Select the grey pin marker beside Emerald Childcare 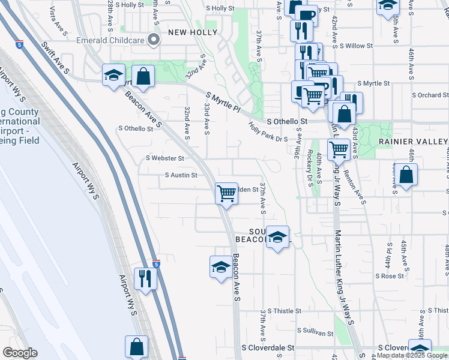[x=154, y=40]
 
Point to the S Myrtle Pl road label [x=223, y=103]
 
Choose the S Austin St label [x=181, y=175]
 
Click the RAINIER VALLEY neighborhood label [x=413, y=141]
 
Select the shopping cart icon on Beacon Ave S [x=226, y=193]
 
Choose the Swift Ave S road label [x=56, y=58]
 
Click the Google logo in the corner [x=19, y=353]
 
